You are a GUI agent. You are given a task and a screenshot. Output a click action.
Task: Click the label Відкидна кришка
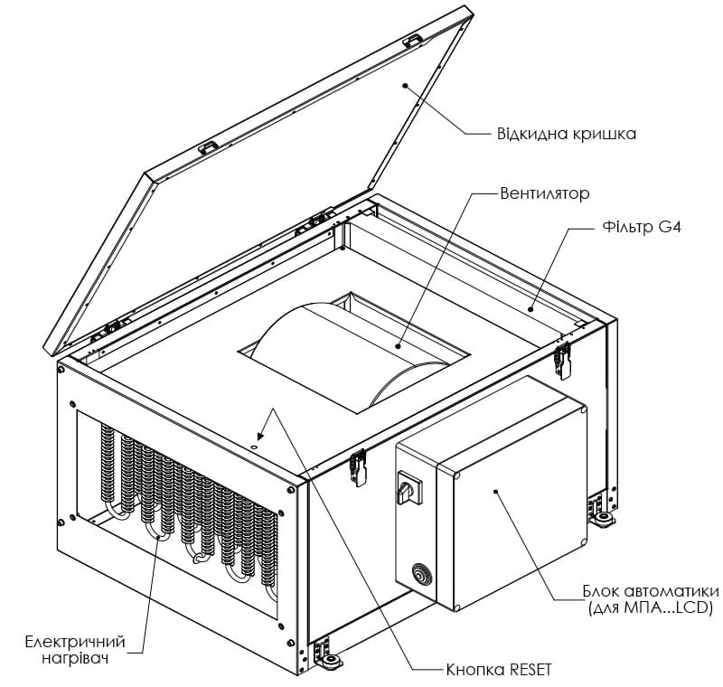[567, 134]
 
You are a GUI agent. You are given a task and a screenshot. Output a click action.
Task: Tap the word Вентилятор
[545, 193]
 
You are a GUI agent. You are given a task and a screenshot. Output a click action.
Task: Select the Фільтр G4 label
[642, 227]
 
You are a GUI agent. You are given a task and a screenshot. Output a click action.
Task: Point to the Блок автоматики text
[651, 590]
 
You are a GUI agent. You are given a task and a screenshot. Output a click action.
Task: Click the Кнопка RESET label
[499, 669]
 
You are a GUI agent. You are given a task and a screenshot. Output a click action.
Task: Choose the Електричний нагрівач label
[75, 649]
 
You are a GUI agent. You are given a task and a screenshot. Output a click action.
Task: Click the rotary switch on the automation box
[409, 487]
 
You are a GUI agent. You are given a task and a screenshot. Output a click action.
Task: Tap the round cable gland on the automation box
[420, 573]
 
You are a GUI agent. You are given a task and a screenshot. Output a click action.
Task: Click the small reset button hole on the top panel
[253, 447]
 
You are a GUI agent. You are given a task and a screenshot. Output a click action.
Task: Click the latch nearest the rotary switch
[358, 467]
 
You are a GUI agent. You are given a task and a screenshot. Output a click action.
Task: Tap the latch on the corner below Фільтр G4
[562, 361]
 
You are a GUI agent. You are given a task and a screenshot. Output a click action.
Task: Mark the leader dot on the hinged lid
[405, 85]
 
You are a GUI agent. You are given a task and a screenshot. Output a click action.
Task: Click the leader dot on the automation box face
[495, 491]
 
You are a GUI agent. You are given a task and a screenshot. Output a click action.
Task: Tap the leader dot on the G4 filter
[531, 309]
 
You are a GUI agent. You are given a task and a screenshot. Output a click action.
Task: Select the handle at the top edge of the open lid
[414, 41]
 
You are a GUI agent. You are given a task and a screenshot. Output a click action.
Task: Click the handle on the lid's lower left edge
[209, 147]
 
